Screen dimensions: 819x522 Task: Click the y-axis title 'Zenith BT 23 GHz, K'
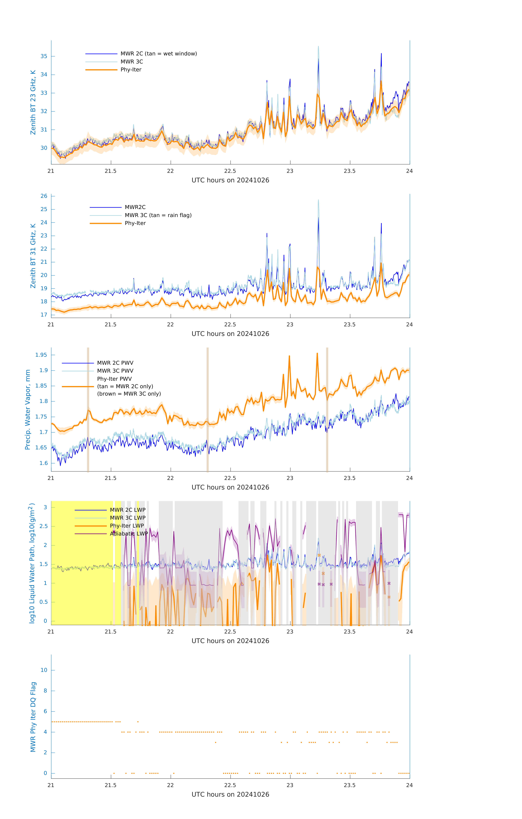click(x=33, y=102)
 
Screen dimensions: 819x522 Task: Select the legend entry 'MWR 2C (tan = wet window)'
click(x=158, y=54)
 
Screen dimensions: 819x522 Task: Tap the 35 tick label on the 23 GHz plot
click(x=44, y=57)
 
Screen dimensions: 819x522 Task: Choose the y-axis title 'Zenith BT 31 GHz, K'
click(x=33, y=256)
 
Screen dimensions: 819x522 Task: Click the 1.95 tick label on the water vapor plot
click(x=41, y=355)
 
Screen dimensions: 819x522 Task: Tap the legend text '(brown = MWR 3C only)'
click(x=129, y=394)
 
